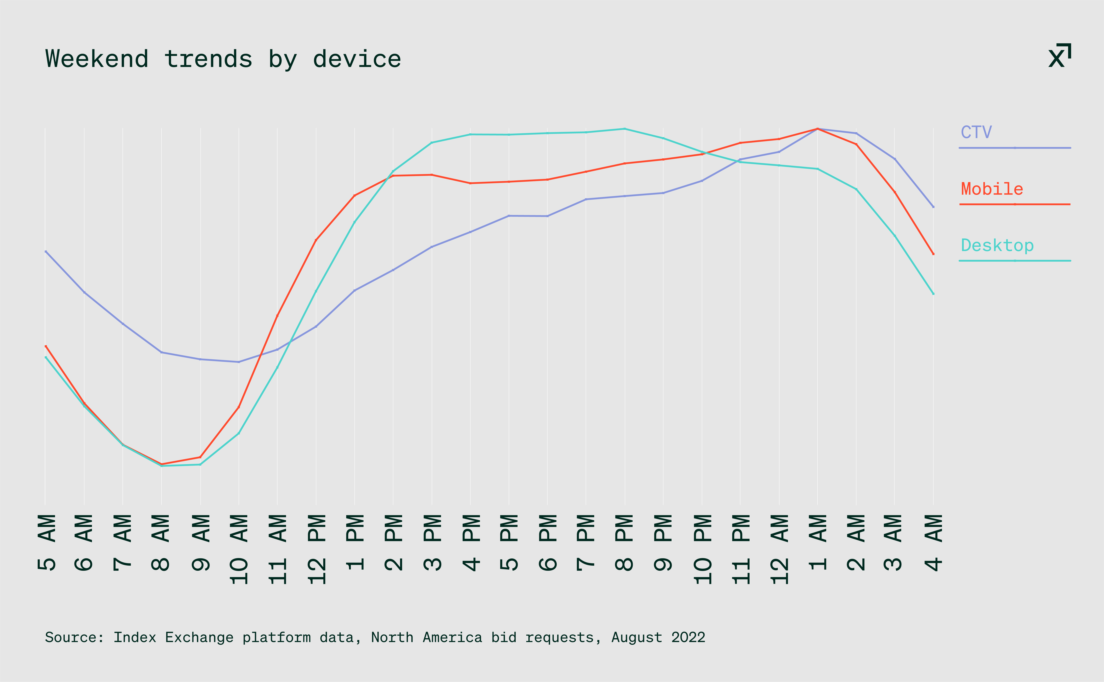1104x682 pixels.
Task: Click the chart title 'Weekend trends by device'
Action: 223,59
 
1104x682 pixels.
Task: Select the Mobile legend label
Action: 992,189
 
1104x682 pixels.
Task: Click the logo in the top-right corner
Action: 1059,56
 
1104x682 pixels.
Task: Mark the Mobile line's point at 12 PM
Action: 316,240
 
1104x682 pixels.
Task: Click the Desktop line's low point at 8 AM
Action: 161,466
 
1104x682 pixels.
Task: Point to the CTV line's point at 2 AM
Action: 856,133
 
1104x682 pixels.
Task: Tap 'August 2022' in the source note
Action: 658,637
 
